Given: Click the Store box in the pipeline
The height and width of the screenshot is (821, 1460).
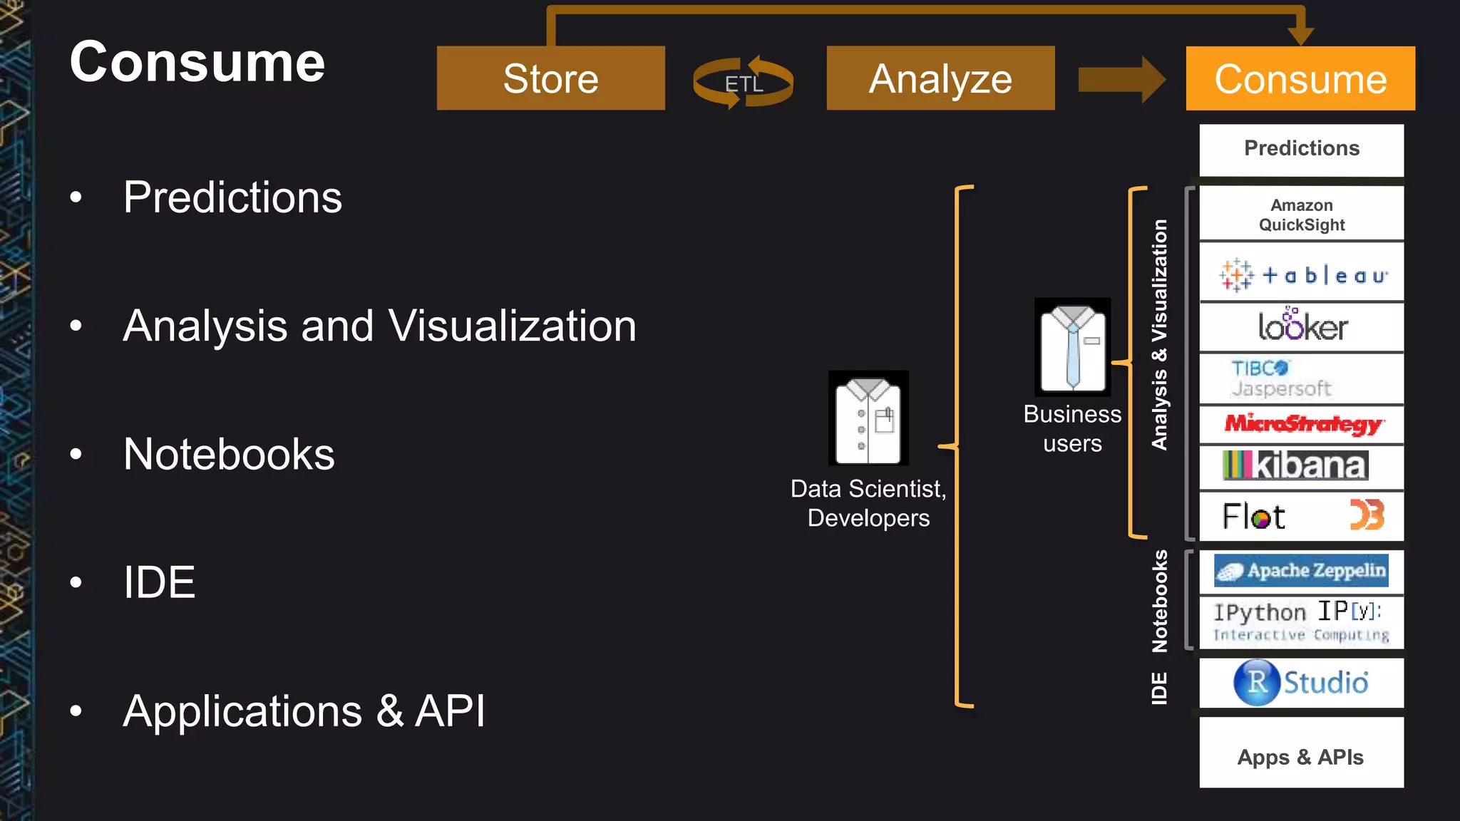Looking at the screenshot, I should (x=550, y=78).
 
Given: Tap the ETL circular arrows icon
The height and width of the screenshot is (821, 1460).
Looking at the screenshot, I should (x=743, y=83).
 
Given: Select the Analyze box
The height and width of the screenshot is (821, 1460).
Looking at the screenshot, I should (x=940, y=78).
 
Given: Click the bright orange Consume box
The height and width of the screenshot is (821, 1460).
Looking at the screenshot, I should (x=1300, y=78).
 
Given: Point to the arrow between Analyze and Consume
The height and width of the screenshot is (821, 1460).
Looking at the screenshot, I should (x=1120, y=80).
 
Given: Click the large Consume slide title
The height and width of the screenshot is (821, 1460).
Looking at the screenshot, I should (x=197, y=62).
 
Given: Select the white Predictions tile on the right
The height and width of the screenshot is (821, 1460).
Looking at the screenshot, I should (x=1301, y=149).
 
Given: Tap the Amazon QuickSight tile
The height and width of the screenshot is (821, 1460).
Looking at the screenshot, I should (x=1301, y=215).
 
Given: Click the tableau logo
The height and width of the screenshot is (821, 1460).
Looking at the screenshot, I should (x=1302, y=274).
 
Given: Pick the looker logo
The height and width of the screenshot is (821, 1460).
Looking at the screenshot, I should (x=1302, y=326).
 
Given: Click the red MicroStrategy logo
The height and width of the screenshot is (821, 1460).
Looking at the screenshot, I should (x=1302, y=424).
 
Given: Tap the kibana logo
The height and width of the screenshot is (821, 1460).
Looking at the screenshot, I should (x=1295, y=465).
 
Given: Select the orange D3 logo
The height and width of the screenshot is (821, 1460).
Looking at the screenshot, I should (x=1367, y=515).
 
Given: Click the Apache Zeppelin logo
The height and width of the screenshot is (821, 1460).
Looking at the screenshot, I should (x=1301, y=571).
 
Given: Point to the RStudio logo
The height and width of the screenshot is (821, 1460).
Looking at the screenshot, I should (x=1301, y=682).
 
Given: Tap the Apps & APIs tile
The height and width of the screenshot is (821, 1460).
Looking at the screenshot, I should (x=1301, y=756).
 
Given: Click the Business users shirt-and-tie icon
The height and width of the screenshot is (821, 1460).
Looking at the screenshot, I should (x=1072, y=347).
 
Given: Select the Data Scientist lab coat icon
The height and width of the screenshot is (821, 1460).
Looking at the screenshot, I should (x=868, y=418).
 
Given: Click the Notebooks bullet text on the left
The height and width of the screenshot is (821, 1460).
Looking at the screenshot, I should (x=229, y=454).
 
